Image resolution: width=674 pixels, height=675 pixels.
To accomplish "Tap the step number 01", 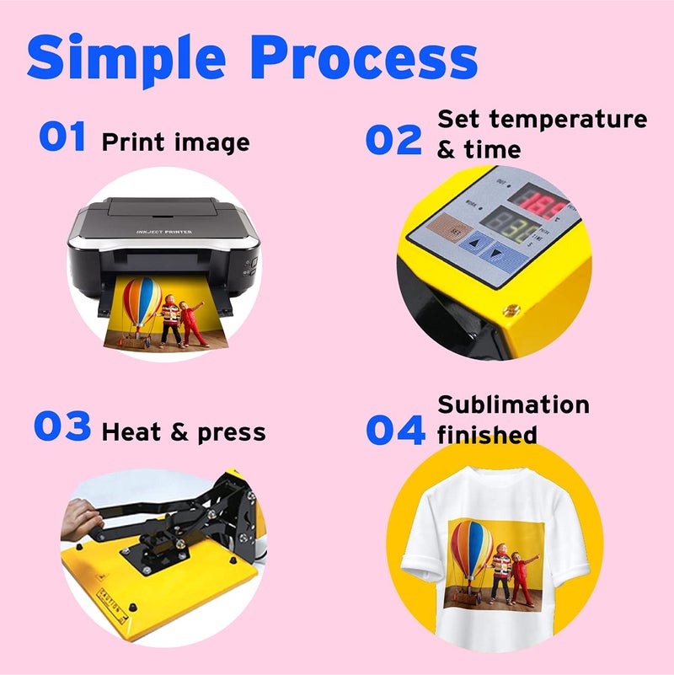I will point(62,137).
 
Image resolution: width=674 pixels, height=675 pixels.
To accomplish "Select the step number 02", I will point(393,139).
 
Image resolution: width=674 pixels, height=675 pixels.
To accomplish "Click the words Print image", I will point(175,142).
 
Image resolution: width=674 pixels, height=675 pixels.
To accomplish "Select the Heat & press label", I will point(183,433).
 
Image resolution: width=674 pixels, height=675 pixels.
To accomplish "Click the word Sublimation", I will point(513,404).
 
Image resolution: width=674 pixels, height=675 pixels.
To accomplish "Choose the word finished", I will point(487,435).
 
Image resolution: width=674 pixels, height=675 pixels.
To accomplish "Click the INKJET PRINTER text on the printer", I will point(164,232).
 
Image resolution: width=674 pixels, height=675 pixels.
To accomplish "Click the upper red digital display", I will point(540,203).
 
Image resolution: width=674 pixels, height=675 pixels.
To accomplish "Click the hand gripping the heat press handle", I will point(79,513).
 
